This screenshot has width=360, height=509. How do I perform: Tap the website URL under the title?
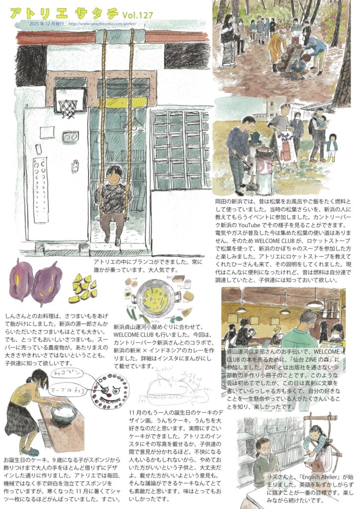[102, 23]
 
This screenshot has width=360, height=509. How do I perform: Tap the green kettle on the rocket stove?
[258, 136]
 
